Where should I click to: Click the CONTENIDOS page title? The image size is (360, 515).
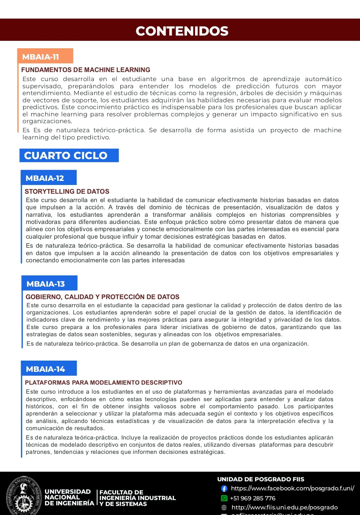pyautogui.click(x=182, y=31)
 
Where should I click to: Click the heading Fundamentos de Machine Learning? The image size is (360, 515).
pyautogui.click(x=86, y=70)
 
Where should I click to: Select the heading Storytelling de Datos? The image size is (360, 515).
pyautogui.click(x=67, y=191)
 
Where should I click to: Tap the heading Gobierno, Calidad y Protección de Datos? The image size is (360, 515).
pyautogui.click(x=103, y=297)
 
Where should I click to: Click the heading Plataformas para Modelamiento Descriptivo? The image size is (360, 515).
pyautogui.click(x=103, y=382)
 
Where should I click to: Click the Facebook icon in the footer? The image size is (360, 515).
pyautogui.click(x=224, y=488)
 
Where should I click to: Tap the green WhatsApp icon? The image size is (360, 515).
pyautogui.click(x=224, y=498)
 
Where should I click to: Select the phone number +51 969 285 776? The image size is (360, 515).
pyautogui.click(x=253, y=498)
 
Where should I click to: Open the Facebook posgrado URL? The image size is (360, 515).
pyautogui.click(x=292, y=488)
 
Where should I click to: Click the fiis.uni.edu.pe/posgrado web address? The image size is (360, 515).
pyautogui.click(x=285, y=508)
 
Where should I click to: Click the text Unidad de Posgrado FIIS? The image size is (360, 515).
pyautogui.click(x=261, y=479)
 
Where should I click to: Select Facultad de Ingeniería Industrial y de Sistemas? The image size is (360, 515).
pyautogui.click(x=137, y=498)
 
